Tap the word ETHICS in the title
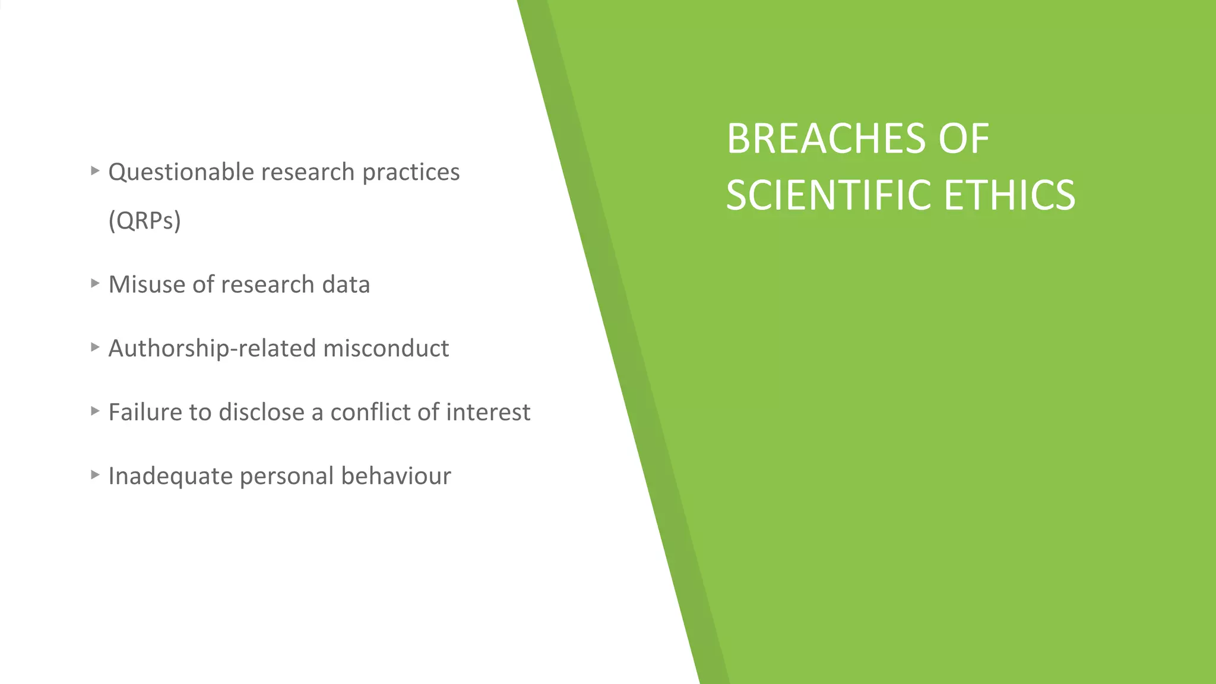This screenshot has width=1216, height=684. click(1009, 195)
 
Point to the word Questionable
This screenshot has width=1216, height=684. click(181, 172)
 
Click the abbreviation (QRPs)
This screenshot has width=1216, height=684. click(144, 220)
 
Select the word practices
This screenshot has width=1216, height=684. click(411, 172)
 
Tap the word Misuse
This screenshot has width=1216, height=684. click(146, 284)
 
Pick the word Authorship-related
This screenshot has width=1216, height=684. click(212, 348)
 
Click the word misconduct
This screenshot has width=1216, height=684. click(386, 348)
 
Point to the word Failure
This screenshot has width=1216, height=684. click(145, 412)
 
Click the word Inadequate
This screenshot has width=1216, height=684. click(170, 476)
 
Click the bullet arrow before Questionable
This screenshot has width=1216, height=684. click(95, 171)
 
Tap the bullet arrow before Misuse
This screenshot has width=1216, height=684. click(95, 283)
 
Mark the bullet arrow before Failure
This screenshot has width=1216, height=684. click(95, 410)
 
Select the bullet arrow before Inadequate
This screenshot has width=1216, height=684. click(95, 474)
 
